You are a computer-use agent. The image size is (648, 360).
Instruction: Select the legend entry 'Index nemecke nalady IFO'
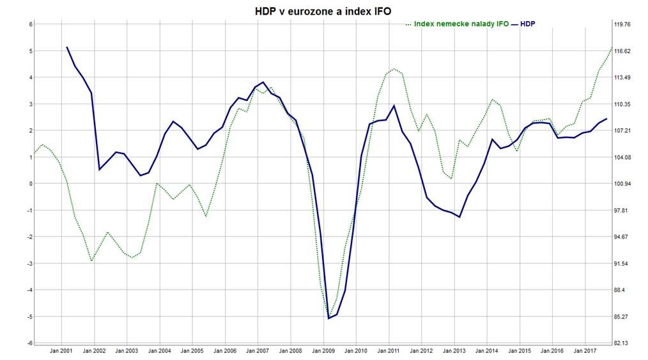(461, 24)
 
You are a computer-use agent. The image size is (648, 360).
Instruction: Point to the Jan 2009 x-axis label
(323, 350)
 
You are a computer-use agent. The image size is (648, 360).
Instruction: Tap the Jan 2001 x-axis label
(61, 350)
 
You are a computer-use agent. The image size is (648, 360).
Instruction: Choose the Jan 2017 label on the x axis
(585, 350)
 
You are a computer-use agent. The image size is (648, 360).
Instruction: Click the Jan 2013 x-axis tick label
(454, 350)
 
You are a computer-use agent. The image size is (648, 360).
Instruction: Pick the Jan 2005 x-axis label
(192, 350)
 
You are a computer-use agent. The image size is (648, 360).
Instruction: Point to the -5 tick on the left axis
(29, 317)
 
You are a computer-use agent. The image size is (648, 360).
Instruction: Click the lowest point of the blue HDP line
(328, 318)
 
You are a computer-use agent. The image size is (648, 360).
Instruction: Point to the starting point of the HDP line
(67, 47)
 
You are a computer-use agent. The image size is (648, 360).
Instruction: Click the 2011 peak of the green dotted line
(394, 69)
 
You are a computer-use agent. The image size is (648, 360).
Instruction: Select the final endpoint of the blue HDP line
(606, 118)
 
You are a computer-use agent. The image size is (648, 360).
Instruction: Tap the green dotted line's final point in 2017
(612, 48)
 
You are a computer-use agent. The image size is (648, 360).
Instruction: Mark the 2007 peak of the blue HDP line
(263, 82)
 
